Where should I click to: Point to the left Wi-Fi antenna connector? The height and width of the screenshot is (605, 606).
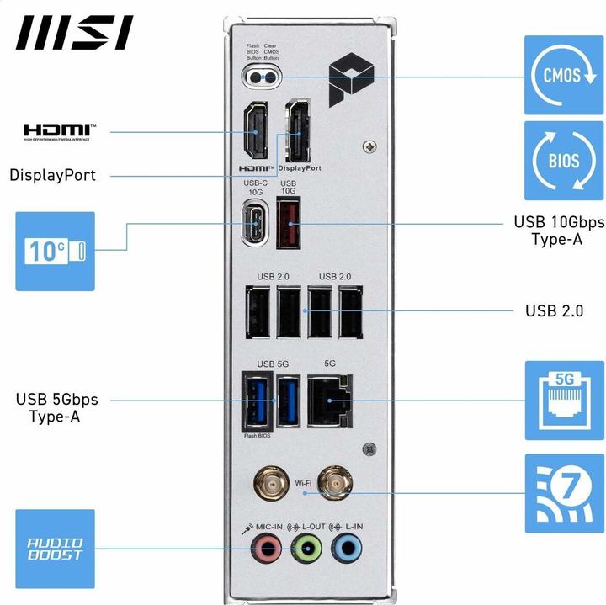(269, 483)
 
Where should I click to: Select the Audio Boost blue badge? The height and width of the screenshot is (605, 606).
(56, 549)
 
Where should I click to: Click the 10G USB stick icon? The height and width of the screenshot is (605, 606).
(56, 251)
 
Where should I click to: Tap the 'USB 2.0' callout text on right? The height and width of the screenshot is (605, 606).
(554, 310)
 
